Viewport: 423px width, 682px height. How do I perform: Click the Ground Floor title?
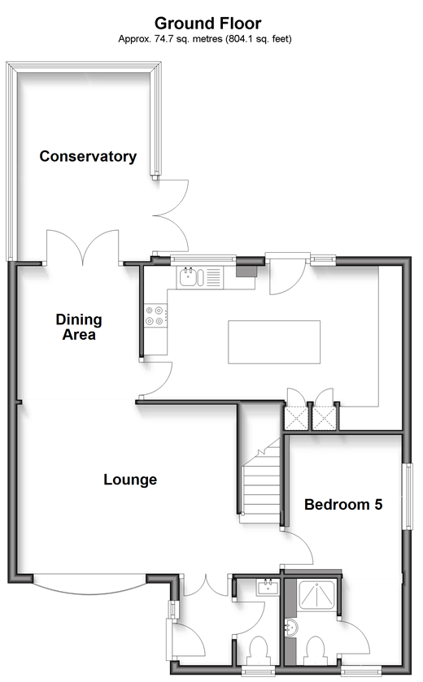point(207,23)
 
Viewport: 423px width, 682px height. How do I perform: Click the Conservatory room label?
point(88,156)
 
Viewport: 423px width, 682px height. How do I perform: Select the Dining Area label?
point(79,327)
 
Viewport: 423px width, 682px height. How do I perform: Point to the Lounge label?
point(130,480)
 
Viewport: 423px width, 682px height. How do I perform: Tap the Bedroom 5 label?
point(343,504)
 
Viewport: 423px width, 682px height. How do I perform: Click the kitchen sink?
point(190,277)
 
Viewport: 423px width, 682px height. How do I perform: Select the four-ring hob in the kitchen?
point(155,315)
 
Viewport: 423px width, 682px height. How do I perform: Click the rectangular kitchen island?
point(274,342)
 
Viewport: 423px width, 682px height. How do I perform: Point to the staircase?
point(261,480)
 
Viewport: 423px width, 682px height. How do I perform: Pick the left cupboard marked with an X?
point(296,417)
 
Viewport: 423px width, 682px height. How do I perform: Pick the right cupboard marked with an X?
point(325,417)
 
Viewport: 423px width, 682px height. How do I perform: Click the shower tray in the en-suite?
point(316,597)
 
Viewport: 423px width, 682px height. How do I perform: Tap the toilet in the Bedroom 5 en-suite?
point(315,651)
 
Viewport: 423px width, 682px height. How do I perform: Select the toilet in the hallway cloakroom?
point(259,651)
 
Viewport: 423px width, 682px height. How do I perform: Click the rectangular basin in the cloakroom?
point(268,587)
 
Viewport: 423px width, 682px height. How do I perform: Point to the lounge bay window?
point(89,584)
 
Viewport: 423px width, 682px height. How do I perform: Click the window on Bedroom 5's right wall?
point(408,496)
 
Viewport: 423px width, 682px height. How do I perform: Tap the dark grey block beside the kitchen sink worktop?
point(246,271)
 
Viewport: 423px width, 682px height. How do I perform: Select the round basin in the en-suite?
point(291,628)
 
